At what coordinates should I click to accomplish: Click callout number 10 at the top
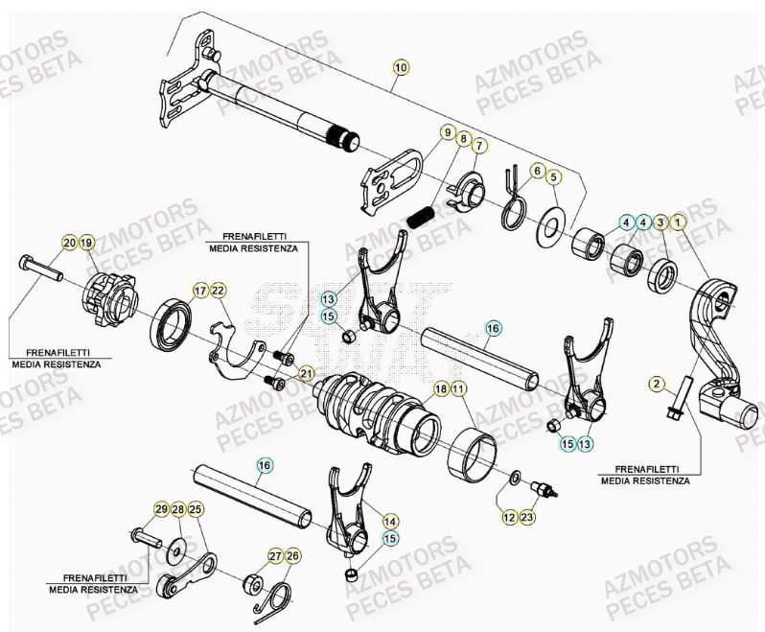[400, 67]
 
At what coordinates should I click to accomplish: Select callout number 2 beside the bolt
[657, 385]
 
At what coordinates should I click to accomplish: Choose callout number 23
[527, 517]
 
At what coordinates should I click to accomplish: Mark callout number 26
[292, 556]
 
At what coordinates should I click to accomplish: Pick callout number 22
[218, 291]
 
